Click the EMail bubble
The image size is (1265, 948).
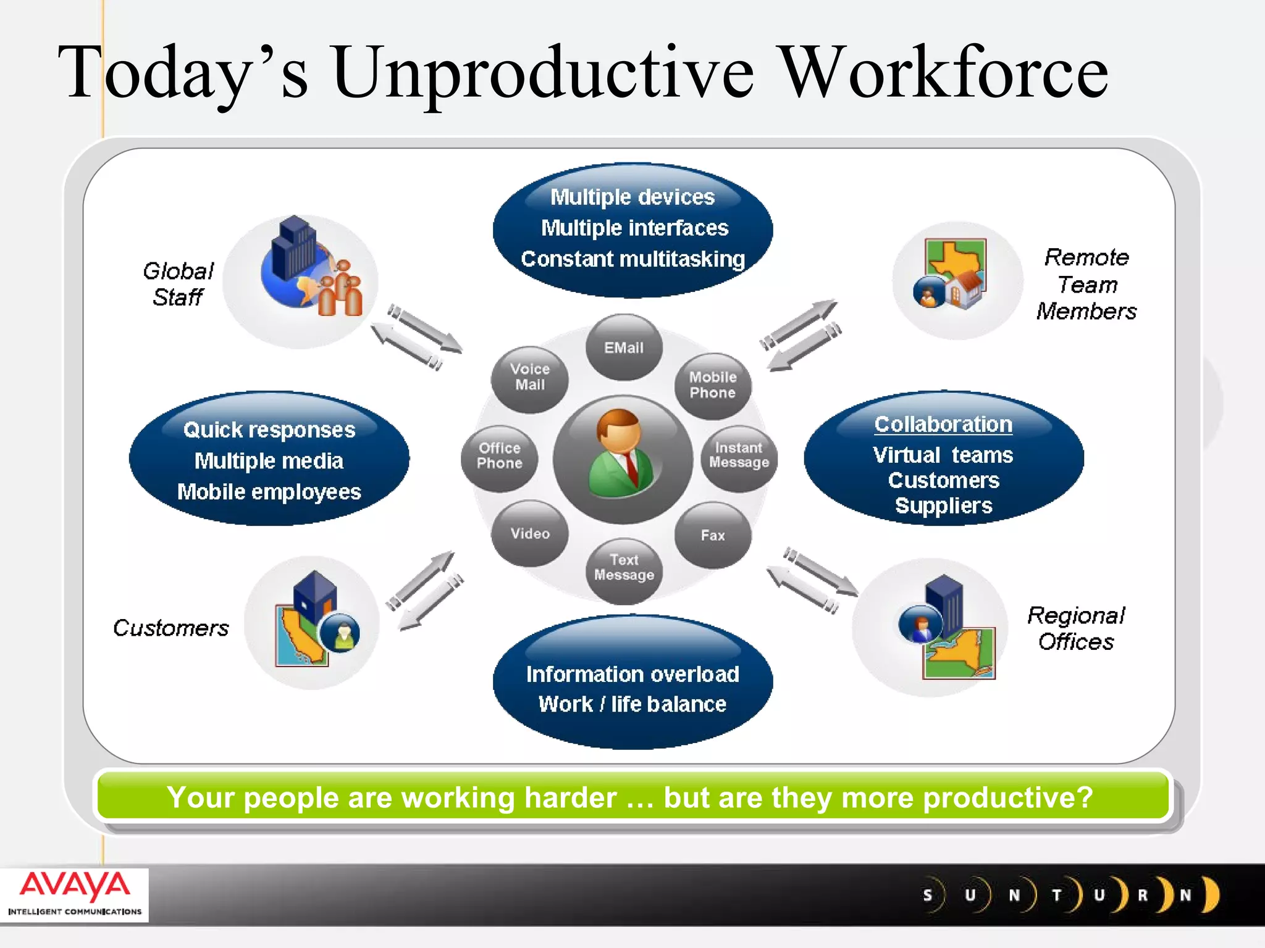point(624,347)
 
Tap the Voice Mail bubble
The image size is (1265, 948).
point(530,377)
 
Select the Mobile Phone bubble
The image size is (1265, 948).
point(713,385)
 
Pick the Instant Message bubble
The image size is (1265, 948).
point(739,455)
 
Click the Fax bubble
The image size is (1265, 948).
point(713,535)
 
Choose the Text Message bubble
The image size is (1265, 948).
point(624,568)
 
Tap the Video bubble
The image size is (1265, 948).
point(530,533)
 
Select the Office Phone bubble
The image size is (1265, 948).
point(500,456)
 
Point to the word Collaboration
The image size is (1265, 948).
point(943,425)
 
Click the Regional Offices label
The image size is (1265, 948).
point(1076,628)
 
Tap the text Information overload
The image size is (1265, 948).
point(632,674)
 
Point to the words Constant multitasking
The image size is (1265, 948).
point(632,259)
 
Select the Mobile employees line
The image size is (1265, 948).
point(269,492)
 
